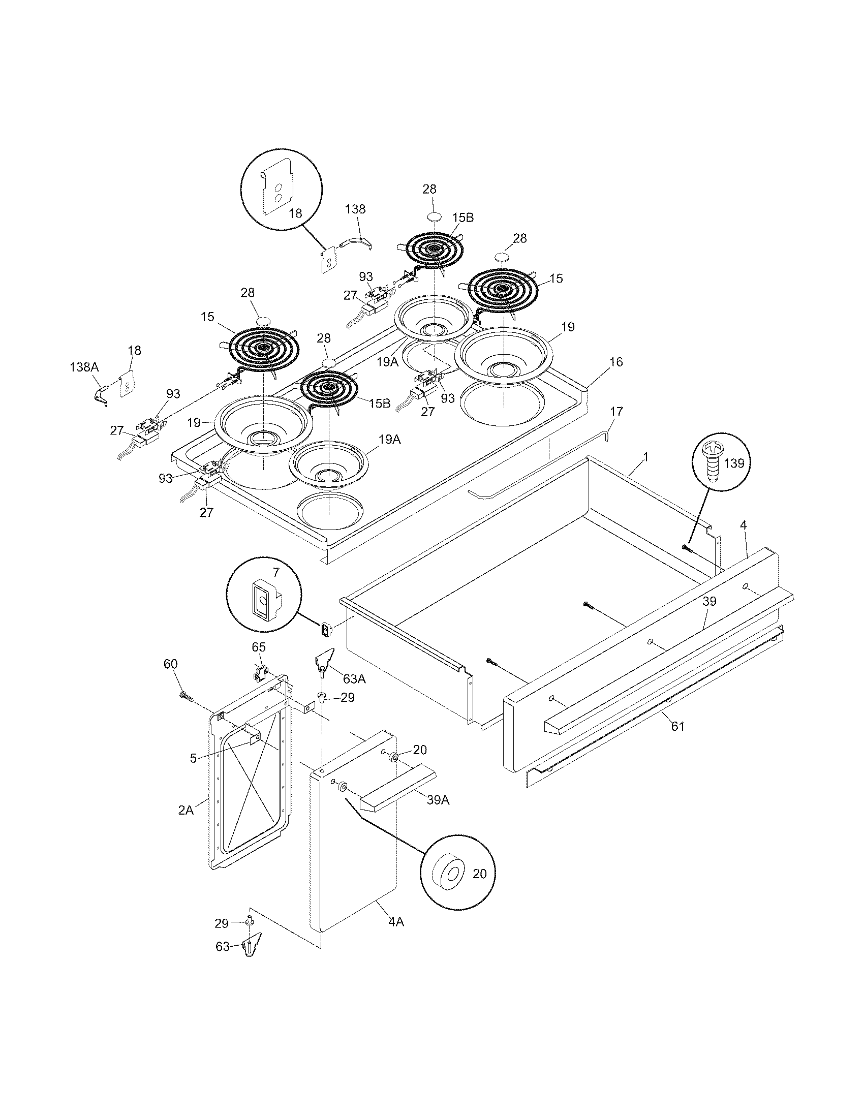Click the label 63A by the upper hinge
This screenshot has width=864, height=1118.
coord(354,679)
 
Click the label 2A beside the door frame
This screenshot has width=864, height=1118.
coord(186,810)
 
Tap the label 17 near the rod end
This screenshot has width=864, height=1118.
coord(616,411)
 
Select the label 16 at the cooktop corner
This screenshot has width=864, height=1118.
coord(616,362)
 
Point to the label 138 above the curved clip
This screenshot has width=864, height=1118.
coord(355,209)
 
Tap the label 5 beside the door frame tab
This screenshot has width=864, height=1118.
coord(193,758)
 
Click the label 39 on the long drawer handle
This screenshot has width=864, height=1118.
coord(709,602)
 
